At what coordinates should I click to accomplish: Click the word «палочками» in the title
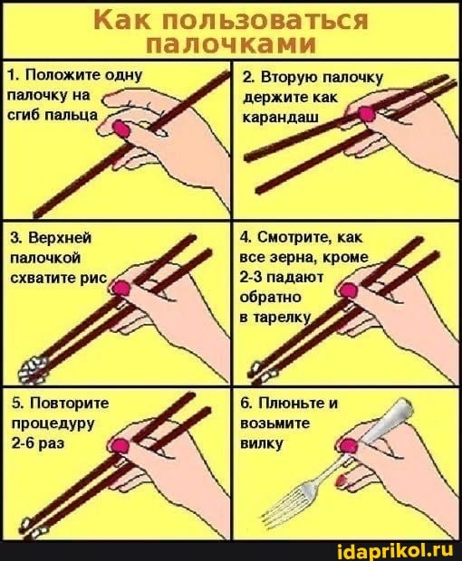(231, 44)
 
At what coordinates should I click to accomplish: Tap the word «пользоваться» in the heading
(265, 20)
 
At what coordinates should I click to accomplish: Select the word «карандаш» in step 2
(281, 117)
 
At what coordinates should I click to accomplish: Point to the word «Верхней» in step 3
(60, 238)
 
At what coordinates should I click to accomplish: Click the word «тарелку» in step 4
(283, 318)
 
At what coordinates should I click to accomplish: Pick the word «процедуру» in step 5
(53, 424)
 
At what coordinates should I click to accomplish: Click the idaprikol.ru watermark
(395, 549)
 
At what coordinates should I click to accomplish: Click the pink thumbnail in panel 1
(121, 128)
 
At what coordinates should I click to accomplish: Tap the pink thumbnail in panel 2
(366, 113)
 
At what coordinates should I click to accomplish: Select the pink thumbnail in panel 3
(121, 289)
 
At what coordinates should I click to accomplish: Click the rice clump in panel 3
(33, 370)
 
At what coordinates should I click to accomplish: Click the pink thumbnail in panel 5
(120, 445)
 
